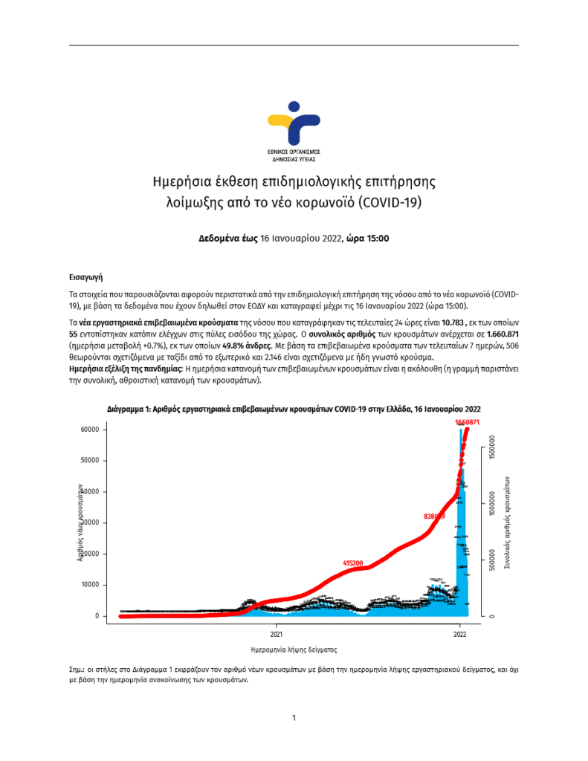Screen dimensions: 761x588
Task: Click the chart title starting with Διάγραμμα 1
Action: tap(294, 409)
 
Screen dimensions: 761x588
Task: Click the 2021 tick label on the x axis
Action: tap(276, 635)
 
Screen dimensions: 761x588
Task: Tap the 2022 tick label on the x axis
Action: tap(459, 635)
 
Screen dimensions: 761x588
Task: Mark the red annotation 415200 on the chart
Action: tap(352, 564)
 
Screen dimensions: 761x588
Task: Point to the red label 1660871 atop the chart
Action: tap(466, 422)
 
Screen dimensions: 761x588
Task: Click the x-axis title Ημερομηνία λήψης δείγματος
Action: tap(294, 648)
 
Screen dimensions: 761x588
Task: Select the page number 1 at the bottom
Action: tap(294, 718)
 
